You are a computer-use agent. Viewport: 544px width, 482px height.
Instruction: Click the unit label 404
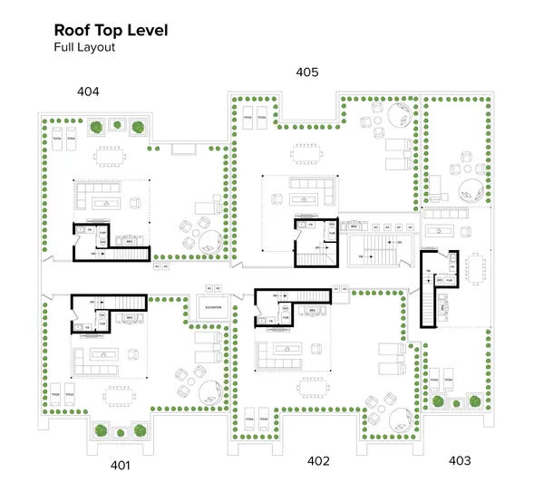[x=88, y=92]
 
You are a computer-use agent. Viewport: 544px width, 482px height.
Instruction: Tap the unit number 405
[x=307, y=72]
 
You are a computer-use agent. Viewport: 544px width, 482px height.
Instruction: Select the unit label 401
[x=121, y=465]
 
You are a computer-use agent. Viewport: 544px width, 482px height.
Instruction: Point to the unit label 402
[x=318, y=460]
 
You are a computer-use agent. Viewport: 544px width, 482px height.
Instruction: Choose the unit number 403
[x=460, y=460]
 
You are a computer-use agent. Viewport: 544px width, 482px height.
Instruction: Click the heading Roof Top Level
[x=111, y=30]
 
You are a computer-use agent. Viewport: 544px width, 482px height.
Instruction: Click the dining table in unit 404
[x=112, y=156]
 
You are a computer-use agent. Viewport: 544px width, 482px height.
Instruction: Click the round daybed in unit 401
[x=208, y=390]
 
